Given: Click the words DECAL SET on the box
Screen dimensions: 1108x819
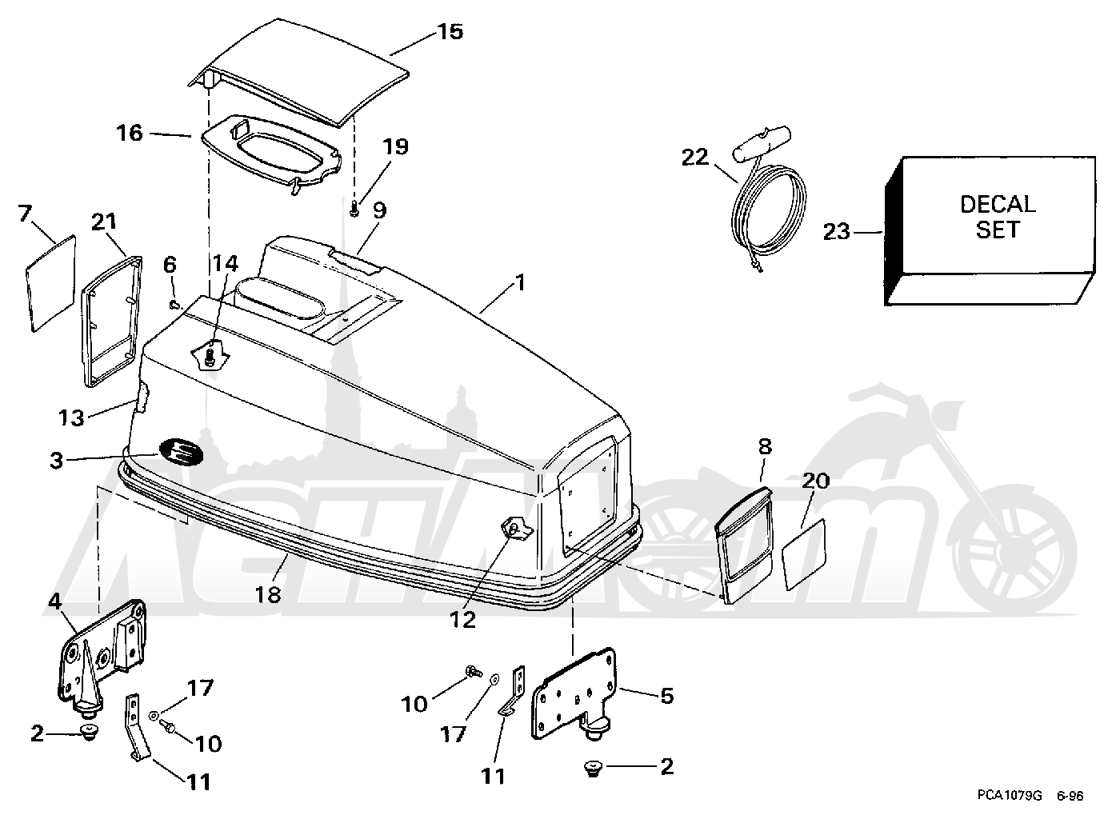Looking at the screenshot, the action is point(997,217).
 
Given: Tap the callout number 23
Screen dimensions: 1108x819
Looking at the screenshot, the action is point(836,232).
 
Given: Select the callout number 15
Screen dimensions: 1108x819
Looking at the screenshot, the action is point(450,31).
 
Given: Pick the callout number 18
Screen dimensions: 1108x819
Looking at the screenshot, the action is point(268,595).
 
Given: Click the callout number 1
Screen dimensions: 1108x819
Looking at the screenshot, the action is point(520,282).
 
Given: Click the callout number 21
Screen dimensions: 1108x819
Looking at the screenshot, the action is point(104,222).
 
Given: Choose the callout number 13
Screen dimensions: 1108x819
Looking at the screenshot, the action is point(71,417).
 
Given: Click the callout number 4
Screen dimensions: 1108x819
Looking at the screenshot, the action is point(55,601).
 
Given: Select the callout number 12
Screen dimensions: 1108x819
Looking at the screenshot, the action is point(462,620).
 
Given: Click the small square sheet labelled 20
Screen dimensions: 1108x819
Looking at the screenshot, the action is point(804,554).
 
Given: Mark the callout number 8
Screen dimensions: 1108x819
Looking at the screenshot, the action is point(765,446).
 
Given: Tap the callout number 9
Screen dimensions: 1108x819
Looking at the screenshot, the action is point(380,210).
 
